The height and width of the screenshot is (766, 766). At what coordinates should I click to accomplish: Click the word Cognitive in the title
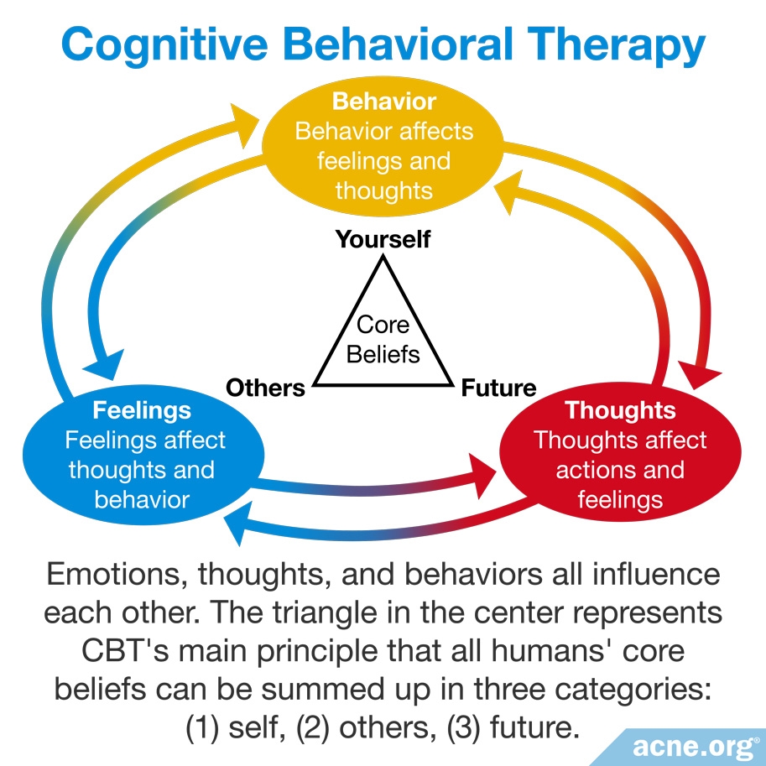coord(165,45)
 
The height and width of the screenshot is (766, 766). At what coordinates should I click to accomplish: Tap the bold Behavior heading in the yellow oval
coord(384,102)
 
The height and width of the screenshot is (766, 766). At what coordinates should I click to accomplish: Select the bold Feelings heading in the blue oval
coord(142,410)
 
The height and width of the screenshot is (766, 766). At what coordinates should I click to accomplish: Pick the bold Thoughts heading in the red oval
coord(620,410)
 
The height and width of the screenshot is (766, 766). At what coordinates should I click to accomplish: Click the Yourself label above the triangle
coord(383,239)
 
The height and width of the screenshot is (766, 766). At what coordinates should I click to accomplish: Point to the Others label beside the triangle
coord(265,388)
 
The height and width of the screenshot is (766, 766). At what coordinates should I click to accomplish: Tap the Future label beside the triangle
coord(498,388)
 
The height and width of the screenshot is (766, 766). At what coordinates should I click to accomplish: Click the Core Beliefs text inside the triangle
coord(383,340)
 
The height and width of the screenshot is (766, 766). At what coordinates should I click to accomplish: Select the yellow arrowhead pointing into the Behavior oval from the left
coord(242,124)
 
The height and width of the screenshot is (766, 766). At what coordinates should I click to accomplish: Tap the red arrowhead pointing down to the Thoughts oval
coord(699,375)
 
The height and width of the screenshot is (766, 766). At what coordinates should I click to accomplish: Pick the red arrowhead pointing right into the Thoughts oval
coord(483,476)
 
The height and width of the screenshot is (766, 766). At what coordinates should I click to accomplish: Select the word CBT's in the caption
coord(124,651)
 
